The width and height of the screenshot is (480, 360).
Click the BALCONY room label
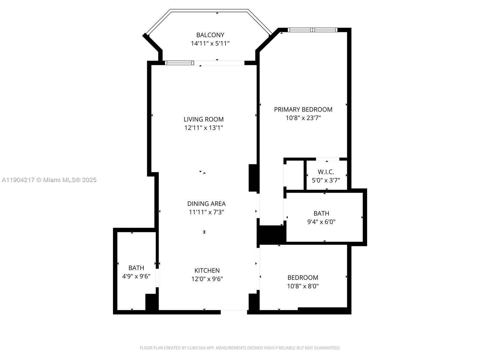[x=210, y=35]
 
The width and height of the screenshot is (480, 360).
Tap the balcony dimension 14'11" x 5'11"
[x=210, y=43]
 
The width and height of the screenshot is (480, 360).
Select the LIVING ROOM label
[x=204, y=119]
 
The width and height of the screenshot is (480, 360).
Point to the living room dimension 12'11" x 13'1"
[x=204, y=128]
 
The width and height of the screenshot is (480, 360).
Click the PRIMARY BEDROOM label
[x=303, y=109]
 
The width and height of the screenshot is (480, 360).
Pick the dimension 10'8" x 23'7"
[x=303, y=118]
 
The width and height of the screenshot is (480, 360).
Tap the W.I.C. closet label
[x=326, y=172]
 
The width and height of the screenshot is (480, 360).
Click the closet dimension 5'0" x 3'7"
[x=326, y=180]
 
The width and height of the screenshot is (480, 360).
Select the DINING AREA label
[x=206, y=204]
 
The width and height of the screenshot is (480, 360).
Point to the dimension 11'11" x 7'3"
[x=206, y=212]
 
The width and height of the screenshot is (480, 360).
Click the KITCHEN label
[x=207, y=270]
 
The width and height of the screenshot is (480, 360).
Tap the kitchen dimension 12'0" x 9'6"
[x=207, y=279]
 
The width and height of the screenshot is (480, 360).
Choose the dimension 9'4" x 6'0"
[x=321, y=222]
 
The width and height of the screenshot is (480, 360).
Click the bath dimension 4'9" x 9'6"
[x=136, y=276]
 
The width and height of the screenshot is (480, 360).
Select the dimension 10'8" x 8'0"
[x=303, y=286]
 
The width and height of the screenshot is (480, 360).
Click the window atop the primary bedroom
[x=313, y=30]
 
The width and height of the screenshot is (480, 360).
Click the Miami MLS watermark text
[x=49, y=180]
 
